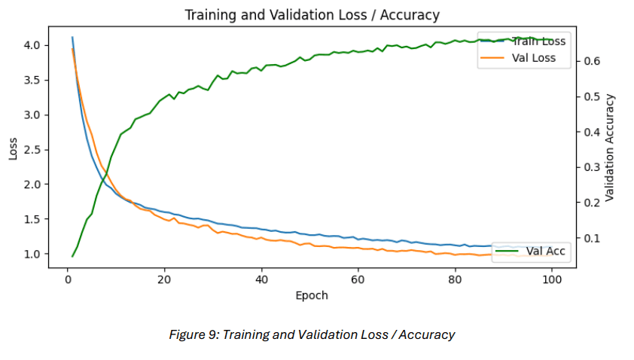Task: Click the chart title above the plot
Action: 312,15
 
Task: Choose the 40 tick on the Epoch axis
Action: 261,279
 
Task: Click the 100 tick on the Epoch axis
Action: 552,279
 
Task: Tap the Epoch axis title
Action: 312,295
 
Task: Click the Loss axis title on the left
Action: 13,149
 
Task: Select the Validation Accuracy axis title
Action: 610,148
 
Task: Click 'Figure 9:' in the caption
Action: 193,334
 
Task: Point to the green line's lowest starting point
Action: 72,256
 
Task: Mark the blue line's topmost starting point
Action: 72,37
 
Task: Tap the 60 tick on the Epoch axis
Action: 358,279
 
